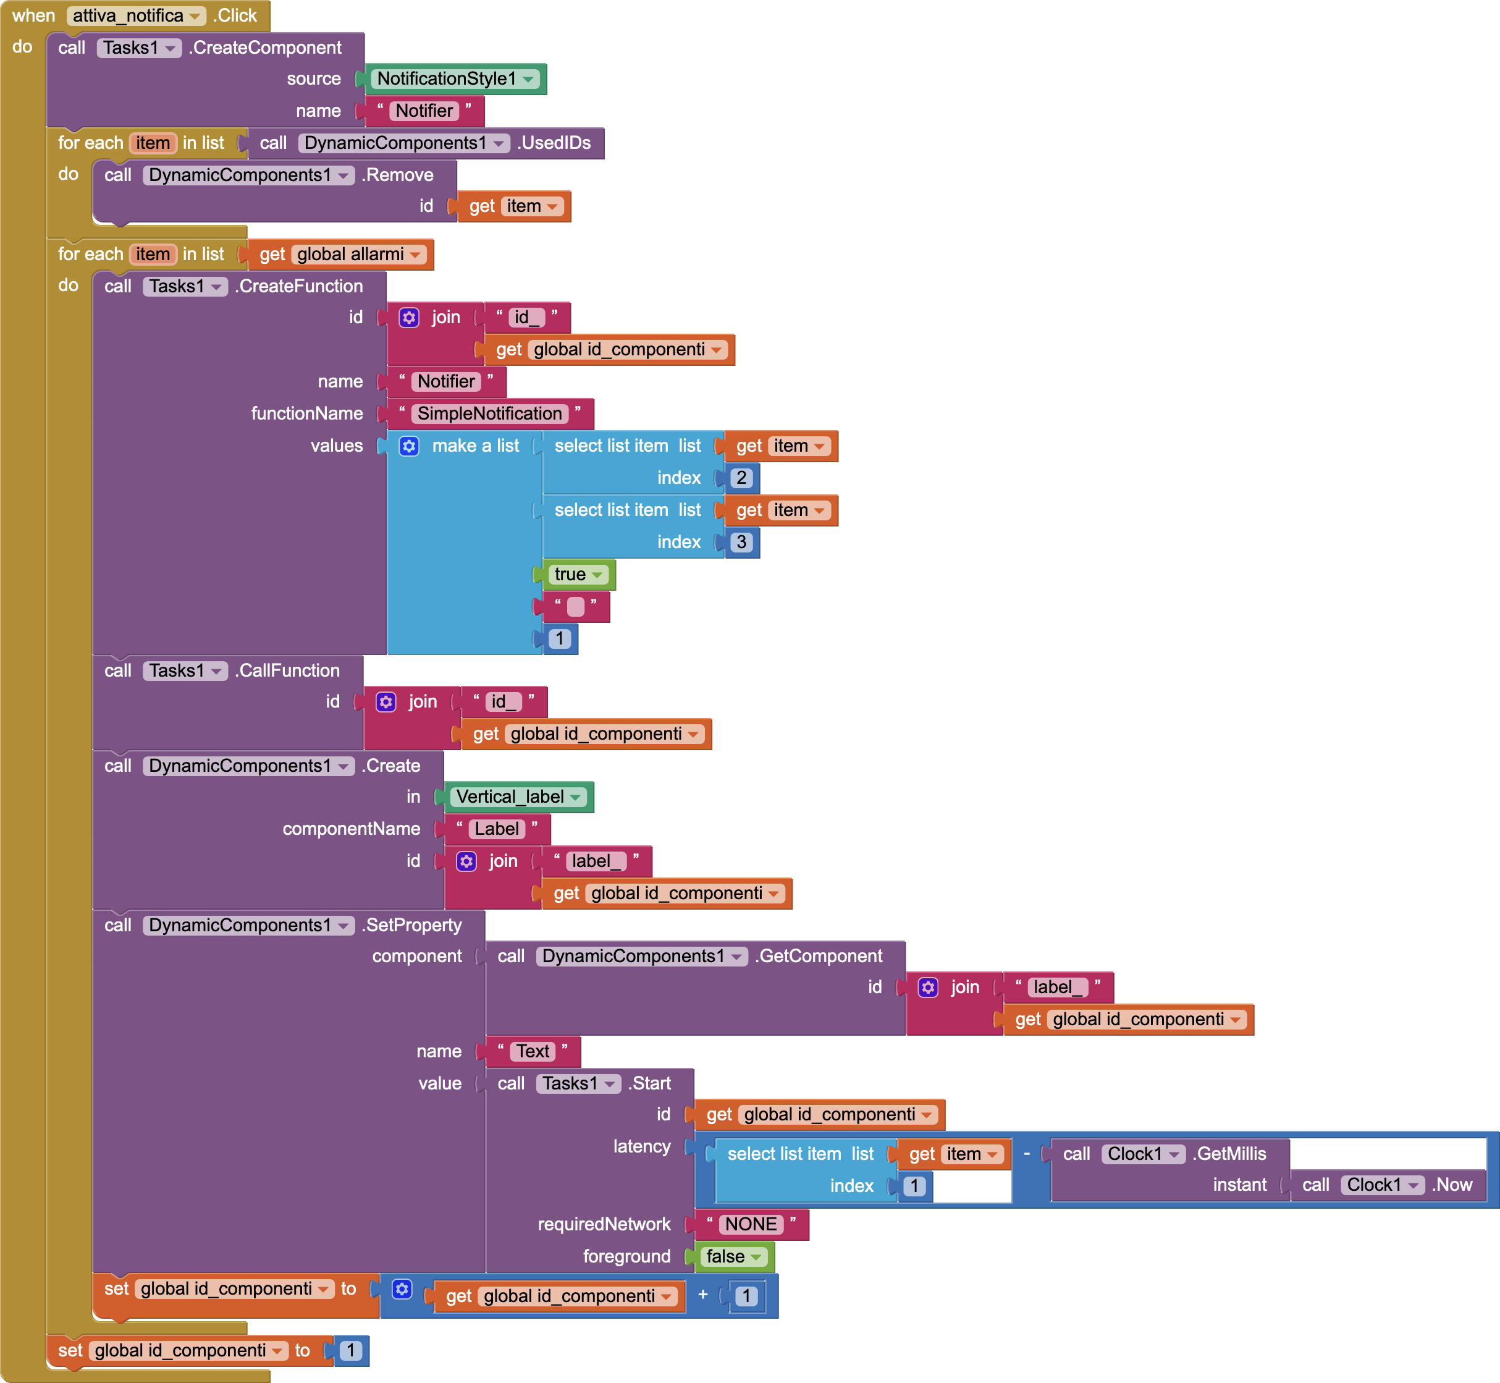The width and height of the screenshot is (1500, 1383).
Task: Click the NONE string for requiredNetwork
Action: click(751, 1224)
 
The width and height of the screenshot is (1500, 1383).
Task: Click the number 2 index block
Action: click(741, 478)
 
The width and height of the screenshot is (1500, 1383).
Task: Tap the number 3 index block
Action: click(741, 543)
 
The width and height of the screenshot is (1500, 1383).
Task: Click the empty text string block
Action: click(575, 607)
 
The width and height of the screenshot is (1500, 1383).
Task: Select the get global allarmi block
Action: click(340, 255)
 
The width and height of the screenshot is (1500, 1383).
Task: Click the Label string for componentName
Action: click(496, 829)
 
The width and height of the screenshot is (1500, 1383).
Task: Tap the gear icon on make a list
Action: click(409, 446)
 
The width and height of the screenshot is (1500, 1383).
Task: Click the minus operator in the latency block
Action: click(1026, 1153)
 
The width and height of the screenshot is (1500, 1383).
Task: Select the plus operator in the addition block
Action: click(702, 1295)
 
